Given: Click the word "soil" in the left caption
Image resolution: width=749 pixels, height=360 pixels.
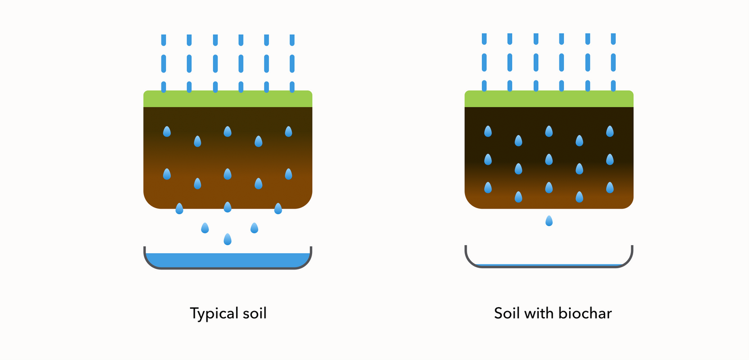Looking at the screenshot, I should pyautogui.click(x=254, y=313).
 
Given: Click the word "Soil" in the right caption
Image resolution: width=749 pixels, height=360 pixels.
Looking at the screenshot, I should pyautogui.click(x=507, y=313).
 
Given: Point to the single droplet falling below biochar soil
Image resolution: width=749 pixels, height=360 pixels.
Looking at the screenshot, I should pyautogui.click(x=549, y=221).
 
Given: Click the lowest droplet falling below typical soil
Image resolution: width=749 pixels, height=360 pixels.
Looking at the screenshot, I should pyautogui.click(x=228, y=240).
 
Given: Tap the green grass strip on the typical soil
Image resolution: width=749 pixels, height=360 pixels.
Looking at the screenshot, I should pyautogui.click(x=228, y=98).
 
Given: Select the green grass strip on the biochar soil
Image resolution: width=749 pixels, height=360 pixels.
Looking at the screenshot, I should pyautogui.click(x=549, y=98).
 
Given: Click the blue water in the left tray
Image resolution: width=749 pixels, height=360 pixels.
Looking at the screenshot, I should pyautogui.click(x=228, y=260).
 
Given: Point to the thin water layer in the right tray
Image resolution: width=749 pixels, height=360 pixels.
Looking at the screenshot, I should pyautogui.click(x=549, y=264).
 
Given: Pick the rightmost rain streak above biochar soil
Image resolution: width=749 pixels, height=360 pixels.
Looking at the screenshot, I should pyautogui.click(x=613, y=62).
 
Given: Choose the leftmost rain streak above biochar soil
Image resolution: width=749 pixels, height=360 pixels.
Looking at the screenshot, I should pyautogui.click(x=484, y=62).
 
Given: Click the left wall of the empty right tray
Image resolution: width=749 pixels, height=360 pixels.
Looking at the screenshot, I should pyautogui.click(x=467, y=254).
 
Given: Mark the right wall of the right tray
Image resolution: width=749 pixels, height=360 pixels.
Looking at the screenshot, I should pyautogui.click(x=631, y=254).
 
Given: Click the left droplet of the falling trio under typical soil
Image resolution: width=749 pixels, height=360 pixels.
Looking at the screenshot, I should pyautogui.click(x=205, y=228).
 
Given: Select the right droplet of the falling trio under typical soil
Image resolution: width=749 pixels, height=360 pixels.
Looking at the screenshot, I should pyautogui.click(x=254, y=228).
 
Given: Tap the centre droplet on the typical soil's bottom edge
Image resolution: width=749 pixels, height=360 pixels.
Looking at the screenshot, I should pyautogui.click(x=228, y=207).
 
